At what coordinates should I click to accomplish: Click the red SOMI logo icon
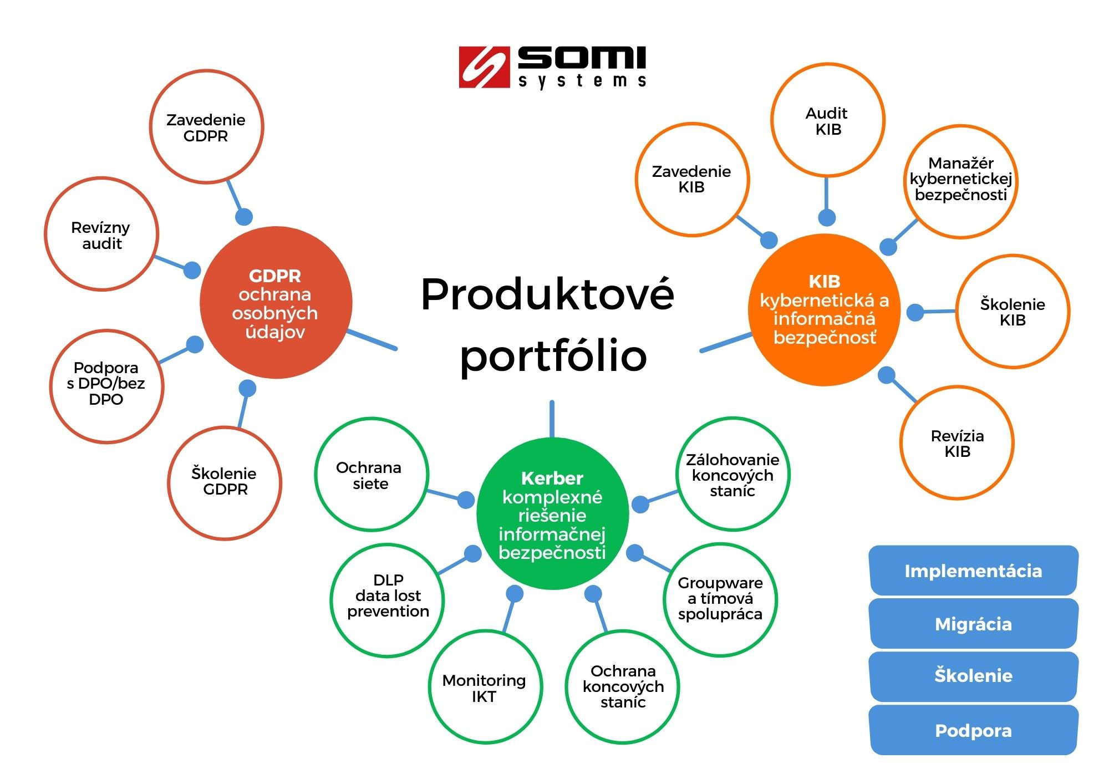[x=484, y=67]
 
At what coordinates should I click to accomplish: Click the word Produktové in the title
[x=547, y=294]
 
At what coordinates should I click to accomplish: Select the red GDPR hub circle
[x=276, y=303]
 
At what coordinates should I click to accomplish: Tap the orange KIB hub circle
[x=825, y=309]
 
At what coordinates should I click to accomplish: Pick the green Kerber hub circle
[x=552, y=513]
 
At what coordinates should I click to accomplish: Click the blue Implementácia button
[x=973, y=571]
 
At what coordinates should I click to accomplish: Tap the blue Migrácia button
[x=973, y=624]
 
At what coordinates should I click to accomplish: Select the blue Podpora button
[x=973, y=730]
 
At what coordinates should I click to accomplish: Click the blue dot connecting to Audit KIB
[x=827, y=217]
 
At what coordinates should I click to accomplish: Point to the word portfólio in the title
[x=553, y=357]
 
